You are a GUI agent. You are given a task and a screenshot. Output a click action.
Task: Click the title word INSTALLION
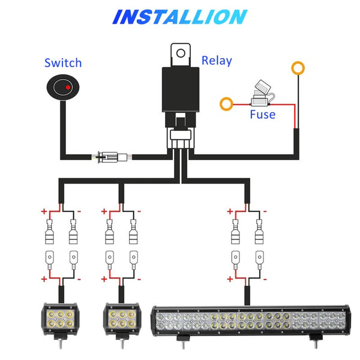coord(179,16)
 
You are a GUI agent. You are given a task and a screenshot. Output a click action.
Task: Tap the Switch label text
coord(63,63)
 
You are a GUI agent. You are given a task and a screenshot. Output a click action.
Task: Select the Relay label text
coord(216,60)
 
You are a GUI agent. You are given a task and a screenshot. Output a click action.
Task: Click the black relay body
coord(180,90)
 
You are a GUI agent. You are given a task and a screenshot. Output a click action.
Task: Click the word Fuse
coord(263,114)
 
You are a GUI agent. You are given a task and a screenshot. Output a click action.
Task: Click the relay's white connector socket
coord(179,135)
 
